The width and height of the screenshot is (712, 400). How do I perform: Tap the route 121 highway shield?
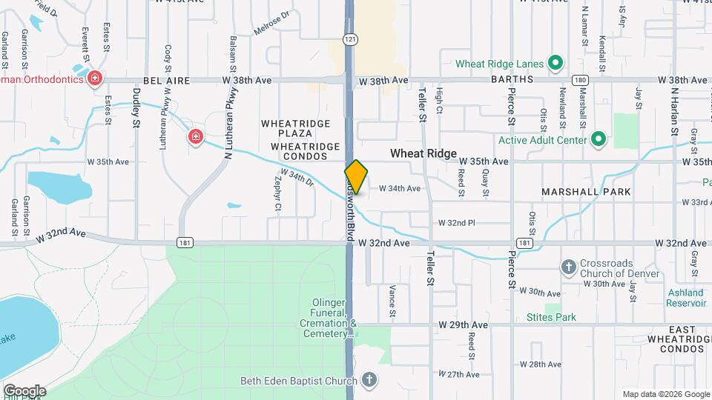pyautogui.click(x=349, y=39)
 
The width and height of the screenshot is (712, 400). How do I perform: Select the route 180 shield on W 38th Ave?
pyautogui.click(x=579, y=80)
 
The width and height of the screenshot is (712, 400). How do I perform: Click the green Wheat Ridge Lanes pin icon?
pyautogui.click(x=554, y=64)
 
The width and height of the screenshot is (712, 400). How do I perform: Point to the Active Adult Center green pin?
pyautogui.click(x=599, y=139)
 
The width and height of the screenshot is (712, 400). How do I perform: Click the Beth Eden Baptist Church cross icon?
pyautogui.click(x=369, y=381)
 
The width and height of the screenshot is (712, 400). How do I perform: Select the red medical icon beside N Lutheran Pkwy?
pyautogui.click(x=195, y=136)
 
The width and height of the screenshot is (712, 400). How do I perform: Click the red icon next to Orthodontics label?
pyautogui.click(x=94, y=79)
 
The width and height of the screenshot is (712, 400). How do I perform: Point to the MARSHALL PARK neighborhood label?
pyautogui.click(x=586, y=192)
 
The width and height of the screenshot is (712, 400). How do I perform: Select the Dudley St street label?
pyautogui.click(x=136, y=108)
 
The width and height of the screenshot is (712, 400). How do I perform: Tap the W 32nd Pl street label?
pyautogui.click(x=456, y=222)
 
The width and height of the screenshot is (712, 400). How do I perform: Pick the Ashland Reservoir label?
pyautogui.click(x=685, y=298)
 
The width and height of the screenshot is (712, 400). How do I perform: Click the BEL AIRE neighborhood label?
pyautogui.click(x=167, y=80)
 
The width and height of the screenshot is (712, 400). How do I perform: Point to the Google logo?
pyautogui.click(x=24, y=390)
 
